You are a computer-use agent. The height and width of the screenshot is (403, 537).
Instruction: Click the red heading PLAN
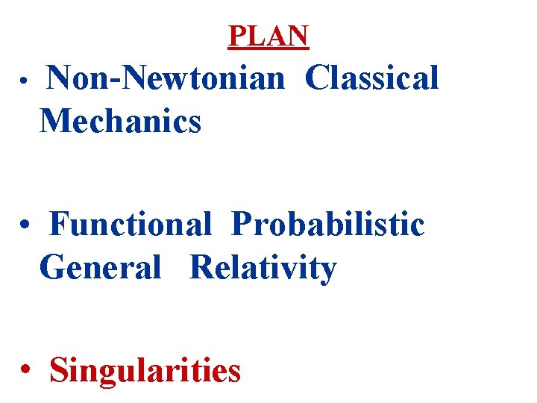(x=268, y=35)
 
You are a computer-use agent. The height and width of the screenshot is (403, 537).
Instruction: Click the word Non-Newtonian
(x=166, y=78)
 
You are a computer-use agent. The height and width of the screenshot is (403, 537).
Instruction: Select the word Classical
(x=371, y=78)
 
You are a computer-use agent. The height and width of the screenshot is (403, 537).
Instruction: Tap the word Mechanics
(x=121, y=120)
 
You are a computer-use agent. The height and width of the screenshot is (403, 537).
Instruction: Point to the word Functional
(x=131, y=224)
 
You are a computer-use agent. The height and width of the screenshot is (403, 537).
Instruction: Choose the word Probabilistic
(x=327, y=224)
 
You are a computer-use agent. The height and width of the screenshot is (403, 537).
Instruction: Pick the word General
(x=100, y=267)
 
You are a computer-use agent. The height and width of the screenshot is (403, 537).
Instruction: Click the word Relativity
(x=263, y=267)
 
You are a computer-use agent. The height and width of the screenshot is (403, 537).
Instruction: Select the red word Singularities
(x=145, y=369)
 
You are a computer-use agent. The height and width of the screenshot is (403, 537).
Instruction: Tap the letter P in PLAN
(x=236, y=35)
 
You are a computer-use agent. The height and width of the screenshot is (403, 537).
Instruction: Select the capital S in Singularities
(x=57, y=369)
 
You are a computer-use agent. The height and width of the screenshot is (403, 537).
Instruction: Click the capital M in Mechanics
(x=54, y=120)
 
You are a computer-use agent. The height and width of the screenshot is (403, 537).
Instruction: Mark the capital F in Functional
(x=57, y=224)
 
